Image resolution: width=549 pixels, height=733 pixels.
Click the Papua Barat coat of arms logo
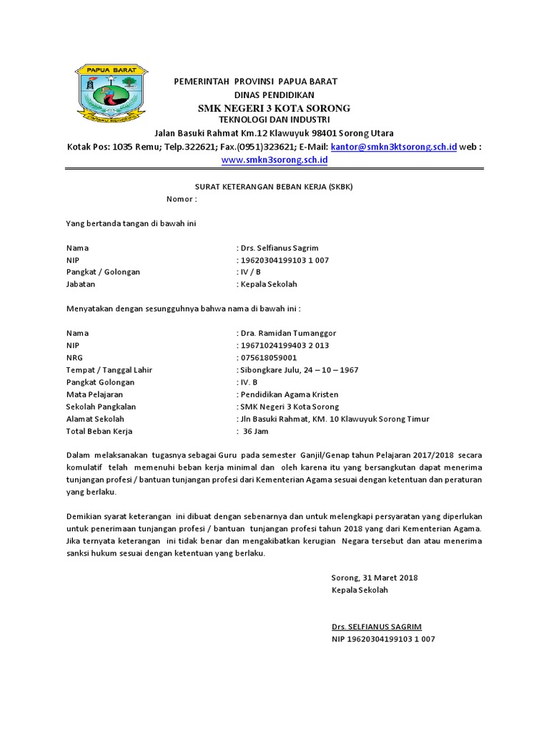click(x=111, y=94)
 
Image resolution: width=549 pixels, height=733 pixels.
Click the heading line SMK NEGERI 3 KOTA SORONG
click(x=274, y=108)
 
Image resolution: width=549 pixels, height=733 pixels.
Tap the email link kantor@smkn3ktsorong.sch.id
click(x=394, y=147)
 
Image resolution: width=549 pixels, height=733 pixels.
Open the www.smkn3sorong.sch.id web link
click(x=274, y=160)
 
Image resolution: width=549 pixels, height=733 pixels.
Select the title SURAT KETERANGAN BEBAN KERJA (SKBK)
click(x=274, y=187)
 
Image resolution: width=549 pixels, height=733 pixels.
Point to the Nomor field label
click(x=182, y=199)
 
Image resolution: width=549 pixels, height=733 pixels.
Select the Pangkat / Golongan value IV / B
click(x=250, y=272)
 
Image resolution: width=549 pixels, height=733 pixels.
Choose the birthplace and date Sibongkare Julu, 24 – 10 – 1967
click(x=299, y=370)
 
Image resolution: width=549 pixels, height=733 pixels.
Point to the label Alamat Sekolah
click(x=95, y=419)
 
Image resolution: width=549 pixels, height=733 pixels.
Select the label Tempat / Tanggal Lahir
click(x=109, y=370)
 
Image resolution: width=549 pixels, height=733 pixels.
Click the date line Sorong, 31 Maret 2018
click(x=375, y=578)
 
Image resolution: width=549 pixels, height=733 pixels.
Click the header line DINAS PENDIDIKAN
click(x=274, y=94)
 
